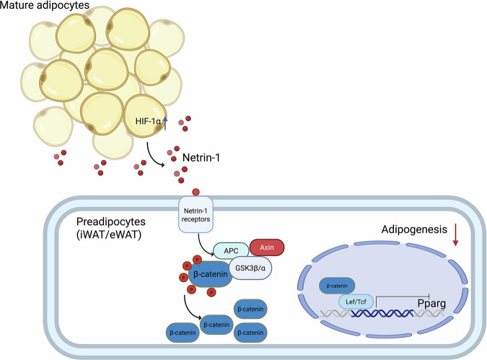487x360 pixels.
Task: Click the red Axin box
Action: (x=267, y=247)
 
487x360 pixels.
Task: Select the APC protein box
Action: (x=231, y=250)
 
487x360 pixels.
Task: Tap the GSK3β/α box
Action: (x=250, y=268)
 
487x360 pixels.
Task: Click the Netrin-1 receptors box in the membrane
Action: (x=196, y=215)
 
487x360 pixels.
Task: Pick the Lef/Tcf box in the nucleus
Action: (x=356, y=302)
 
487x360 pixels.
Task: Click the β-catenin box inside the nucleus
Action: (x=337, y=286)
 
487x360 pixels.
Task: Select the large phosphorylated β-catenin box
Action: (x=210, y=274)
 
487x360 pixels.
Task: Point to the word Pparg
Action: (x=431, y=304)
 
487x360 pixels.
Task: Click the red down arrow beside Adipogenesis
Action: (x=455, y=234)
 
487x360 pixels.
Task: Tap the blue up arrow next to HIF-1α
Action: (x=165, y=123)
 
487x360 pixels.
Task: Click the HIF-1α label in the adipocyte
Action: (x=148, y=121)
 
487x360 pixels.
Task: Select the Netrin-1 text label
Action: (x=201, y=158)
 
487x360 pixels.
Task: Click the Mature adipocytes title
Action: (x=45, y=5)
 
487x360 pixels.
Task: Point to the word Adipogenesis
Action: (x=414, y=229)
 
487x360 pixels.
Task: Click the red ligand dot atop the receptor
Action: (x=196, y=193)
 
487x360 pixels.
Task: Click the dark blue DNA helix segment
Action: (x=382, y=313)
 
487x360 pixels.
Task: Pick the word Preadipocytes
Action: (x=111, y=221)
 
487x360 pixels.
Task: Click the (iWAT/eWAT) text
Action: (x=109, y=234)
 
